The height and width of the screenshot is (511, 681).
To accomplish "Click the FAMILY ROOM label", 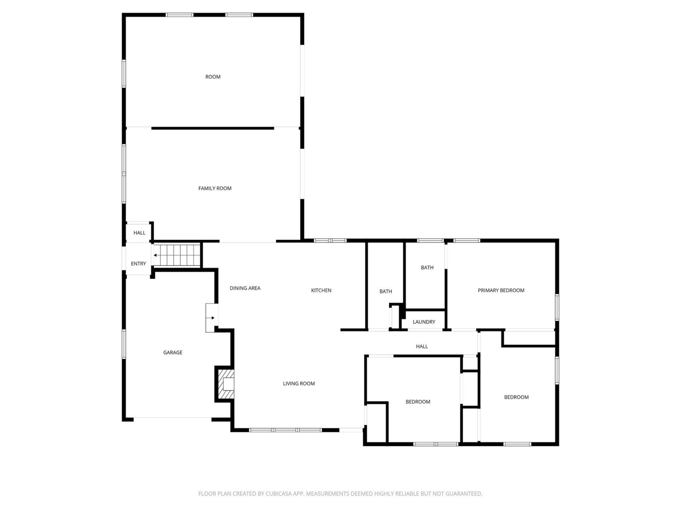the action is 215,189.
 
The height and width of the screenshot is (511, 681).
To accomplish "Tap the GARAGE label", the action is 173,352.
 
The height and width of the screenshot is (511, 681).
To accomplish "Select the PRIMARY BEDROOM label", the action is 501,290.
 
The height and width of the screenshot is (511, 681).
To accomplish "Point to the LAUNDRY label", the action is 424,322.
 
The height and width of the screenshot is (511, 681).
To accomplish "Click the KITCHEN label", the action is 321,290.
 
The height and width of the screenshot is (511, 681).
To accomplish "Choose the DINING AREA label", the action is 245,288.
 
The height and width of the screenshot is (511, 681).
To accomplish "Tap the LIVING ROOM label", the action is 299,384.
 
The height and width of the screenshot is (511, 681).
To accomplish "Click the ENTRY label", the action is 138,264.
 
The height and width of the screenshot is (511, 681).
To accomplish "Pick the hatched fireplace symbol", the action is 226,384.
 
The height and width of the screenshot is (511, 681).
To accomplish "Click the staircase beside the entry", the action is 177,255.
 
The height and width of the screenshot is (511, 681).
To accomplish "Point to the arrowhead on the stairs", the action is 155,255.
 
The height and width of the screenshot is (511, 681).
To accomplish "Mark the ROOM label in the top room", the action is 213,77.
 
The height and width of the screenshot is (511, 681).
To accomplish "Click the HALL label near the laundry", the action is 422,347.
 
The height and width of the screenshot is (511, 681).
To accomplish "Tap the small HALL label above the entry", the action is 139,233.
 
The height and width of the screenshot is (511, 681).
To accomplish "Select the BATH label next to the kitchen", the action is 385,291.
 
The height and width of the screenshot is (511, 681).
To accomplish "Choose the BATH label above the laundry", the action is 427,268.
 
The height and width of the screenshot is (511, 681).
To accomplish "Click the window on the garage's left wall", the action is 124,344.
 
